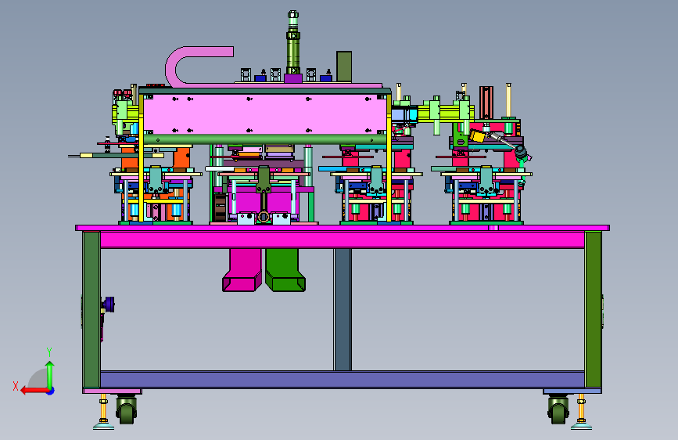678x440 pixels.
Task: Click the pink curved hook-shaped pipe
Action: (174, 65)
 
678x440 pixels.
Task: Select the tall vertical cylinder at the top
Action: (292, 43)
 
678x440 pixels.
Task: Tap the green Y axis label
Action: (49, 352)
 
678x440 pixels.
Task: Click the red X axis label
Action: (16, 386)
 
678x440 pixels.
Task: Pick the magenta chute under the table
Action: (242, 269)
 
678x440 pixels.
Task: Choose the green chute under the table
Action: (285, 269)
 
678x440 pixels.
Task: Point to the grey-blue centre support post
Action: (343, 309)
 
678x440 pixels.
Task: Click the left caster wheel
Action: (126, 409)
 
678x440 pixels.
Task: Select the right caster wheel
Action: (558, 409)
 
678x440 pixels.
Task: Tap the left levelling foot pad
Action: (104, 427)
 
